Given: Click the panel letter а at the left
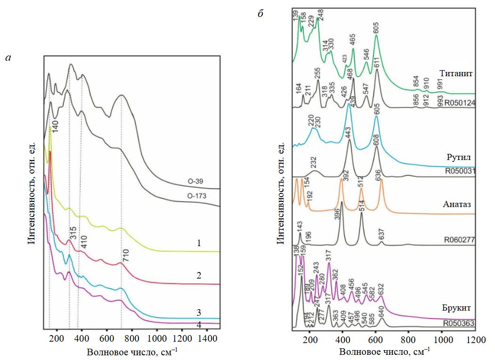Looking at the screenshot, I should click(x=8, y=58).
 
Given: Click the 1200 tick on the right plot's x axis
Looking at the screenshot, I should click(x=475, y=339).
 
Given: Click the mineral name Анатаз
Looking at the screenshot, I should click(x=457, y=204).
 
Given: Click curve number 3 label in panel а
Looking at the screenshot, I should click(x=199, y=312).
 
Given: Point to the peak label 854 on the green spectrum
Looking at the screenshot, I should click(x=416, y=81).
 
